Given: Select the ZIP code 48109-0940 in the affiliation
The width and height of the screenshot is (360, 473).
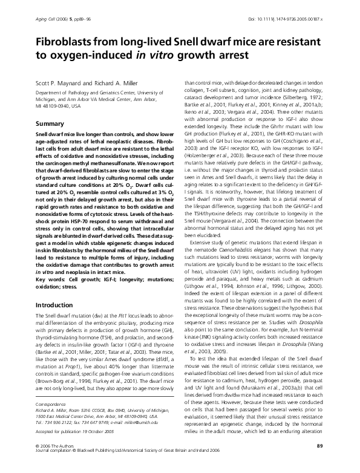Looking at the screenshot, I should (x=57, y=105).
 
